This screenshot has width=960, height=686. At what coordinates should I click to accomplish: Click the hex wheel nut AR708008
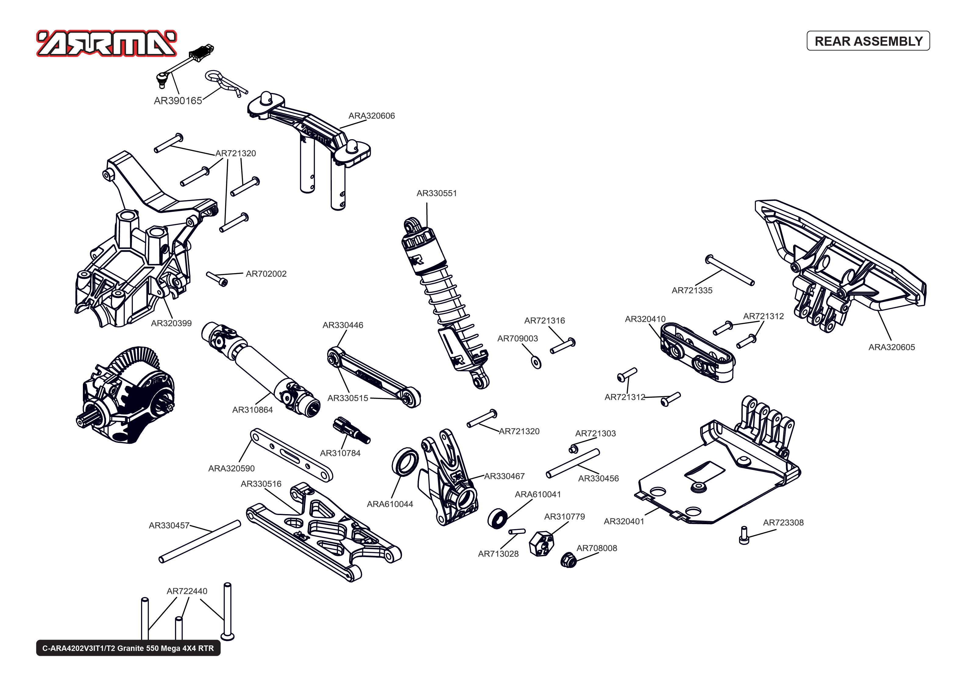pos(568,560)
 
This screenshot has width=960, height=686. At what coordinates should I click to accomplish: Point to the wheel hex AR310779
pos(541,543)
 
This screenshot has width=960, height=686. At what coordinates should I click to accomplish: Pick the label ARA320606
pos(371,116)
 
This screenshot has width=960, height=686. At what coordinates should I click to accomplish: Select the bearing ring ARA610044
pos(405,462)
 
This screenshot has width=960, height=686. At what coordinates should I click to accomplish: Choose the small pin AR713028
pos(517,531)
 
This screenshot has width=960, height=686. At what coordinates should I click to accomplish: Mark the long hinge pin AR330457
pos(200,542)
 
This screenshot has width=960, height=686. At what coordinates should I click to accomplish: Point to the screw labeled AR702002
pos(217,279)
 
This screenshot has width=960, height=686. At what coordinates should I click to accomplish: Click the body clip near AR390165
pos(224,82)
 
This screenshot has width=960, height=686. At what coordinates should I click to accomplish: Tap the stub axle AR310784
pos(351,430)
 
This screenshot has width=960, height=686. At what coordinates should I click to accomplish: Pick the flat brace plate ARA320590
pos(291,455)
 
